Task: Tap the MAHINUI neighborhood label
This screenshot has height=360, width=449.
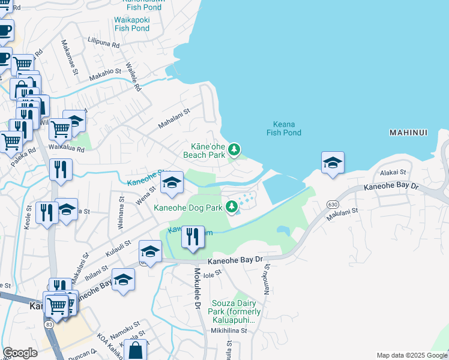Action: coord(408,132)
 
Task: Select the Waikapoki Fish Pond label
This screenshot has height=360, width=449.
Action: coord(131,23)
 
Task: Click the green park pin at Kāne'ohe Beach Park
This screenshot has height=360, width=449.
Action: coord(235,149)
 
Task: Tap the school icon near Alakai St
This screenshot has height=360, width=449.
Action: coord(333,163)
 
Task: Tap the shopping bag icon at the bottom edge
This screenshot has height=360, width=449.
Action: coord(136,351)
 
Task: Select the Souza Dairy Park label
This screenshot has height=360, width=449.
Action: coord(235,311)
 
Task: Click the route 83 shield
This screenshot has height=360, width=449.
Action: coord(48,324)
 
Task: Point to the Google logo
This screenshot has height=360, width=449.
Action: coord(20,353)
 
